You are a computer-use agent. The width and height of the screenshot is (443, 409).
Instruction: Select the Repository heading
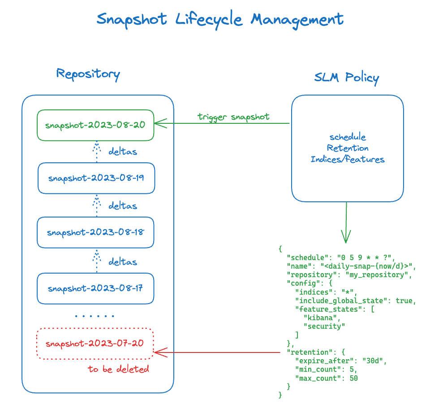(x=88, y=74)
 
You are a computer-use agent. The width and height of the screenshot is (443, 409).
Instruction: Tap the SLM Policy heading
(x=346, y=78)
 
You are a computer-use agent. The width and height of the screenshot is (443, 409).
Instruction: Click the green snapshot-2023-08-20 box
(x=95, y=125)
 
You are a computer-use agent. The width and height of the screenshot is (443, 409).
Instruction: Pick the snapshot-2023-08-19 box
(x=96, y=178)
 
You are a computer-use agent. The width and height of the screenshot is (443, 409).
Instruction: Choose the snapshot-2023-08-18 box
(x=95, y=232)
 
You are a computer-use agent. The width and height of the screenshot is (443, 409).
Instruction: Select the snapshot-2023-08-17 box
(x=95, y=288)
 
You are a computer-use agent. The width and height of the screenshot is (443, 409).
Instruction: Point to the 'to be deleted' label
(x=118, y=369)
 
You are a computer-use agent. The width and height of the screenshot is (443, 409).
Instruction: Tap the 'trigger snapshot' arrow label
(x=233, y=117)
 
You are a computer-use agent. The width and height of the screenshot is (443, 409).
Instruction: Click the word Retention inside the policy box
(x=348, y=148)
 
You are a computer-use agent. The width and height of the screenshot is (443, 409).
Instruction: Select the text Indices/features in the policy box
(x=348, y=159)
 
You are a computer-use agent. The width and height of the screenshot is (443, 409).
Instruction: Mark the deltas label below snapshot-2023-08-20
(x=123, y=152)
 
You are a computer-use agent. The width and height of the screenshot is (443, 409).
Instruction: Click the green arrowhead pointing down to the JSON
(x=346, y=236)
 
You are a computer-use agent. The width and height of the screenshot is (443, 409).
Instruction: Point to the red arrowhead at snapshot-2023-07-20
(x=159, y=352)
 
